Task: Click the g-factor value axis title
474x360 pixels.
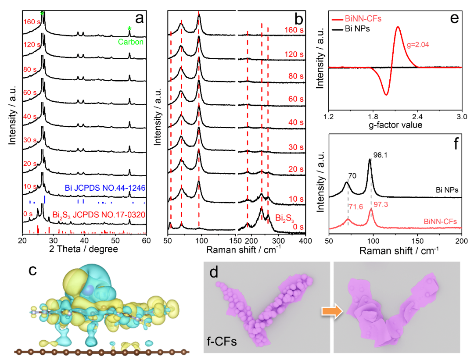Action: tap(395, 125)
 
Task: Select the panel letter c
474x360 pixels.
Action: tap(32, 271)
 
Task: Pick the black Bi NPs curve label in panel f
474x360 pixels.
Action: tap(446, 190)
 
